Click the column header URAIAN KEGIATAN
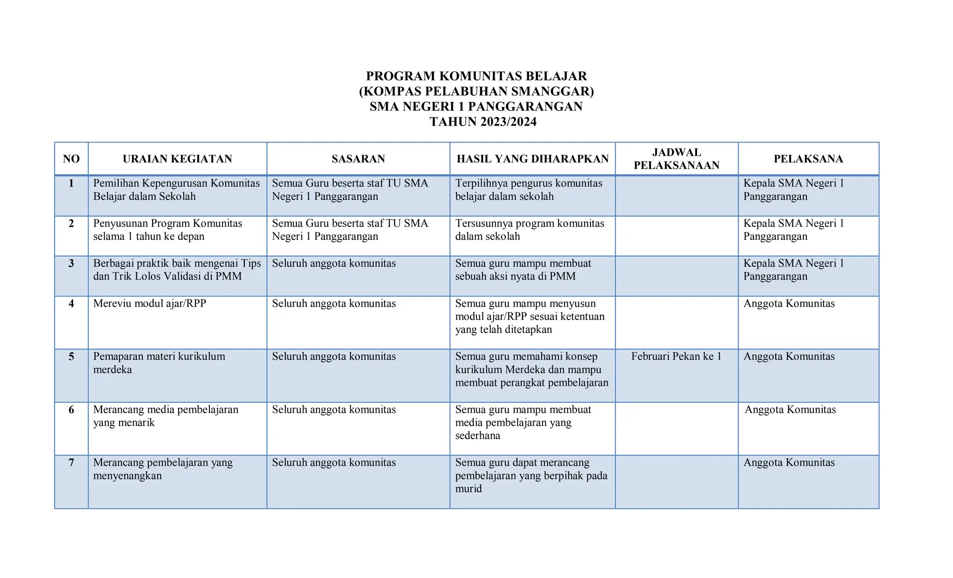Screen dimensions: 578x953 click(177, 159)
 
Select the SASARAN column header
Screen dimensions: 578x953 click(358, 159)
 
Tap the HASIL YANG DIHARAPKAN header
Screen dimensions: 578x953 click(533, 159)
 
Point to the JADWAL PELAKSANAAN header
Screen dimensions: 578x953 click(677, 159)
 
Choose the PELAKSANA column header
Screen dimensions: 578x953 click(808, 159)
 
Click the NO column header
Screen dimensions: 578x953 click(71, 159)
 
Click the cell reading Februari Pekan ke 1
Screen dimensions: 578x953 click(676, 357)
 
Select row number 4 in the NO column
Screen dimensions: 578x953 click(71, 304)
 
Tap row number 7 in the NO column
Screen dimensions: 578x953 click(71, 463)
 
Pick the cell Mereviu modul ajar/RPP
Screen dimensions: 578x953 click(149, 304)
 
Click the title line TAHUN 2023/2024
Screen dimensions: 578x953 click(483, 122)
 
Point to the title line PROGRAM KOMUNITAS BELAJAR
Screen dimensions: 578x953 click(476, 76)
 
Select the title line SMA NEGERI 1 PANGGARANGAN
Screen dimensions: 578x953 click(476, 106)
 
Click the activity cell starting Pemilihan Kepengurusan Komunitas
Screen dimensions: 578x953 click(176, 190)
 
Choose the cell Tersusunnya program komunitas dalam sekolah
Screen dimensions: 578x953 click(530, 230)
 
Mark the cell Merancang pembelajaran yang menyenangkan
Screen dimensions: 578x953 click(163, 469)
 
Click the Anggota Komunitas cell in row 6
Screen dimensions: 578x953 click(790, 410)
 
